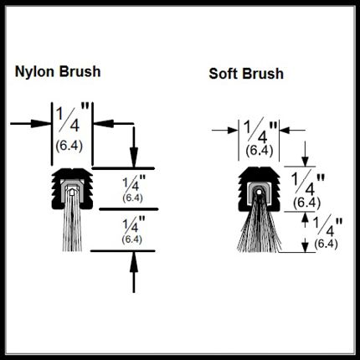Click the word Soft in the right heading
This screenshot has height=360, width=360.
224,74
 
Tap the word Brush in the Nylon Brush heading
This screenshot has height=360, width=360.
80,71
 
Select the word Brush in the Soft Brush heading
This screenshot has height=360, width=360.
263,74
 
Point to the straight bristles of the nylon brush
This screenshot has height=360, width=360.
72,228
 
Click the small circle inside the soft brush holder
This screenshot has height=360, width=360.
260,192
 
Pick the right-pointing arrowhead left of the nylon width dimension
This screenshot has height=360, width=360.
41,124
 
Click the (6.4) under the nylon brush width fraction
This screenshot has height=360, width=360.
69,147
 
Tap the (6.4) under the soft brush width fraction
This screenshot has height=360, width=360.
259,151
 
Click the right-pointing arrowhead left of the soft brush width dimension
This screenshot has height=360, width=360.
233,130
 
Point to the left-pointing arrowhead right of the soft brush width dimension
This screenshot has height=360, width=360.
285,130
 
